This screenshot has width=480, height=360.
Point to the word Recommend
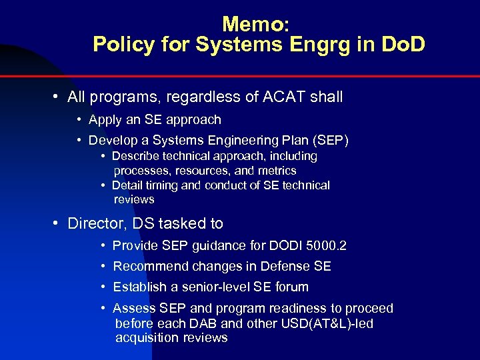(x=151, y=267)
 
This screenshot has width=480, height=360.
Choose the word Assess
(x=133, y=309)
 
